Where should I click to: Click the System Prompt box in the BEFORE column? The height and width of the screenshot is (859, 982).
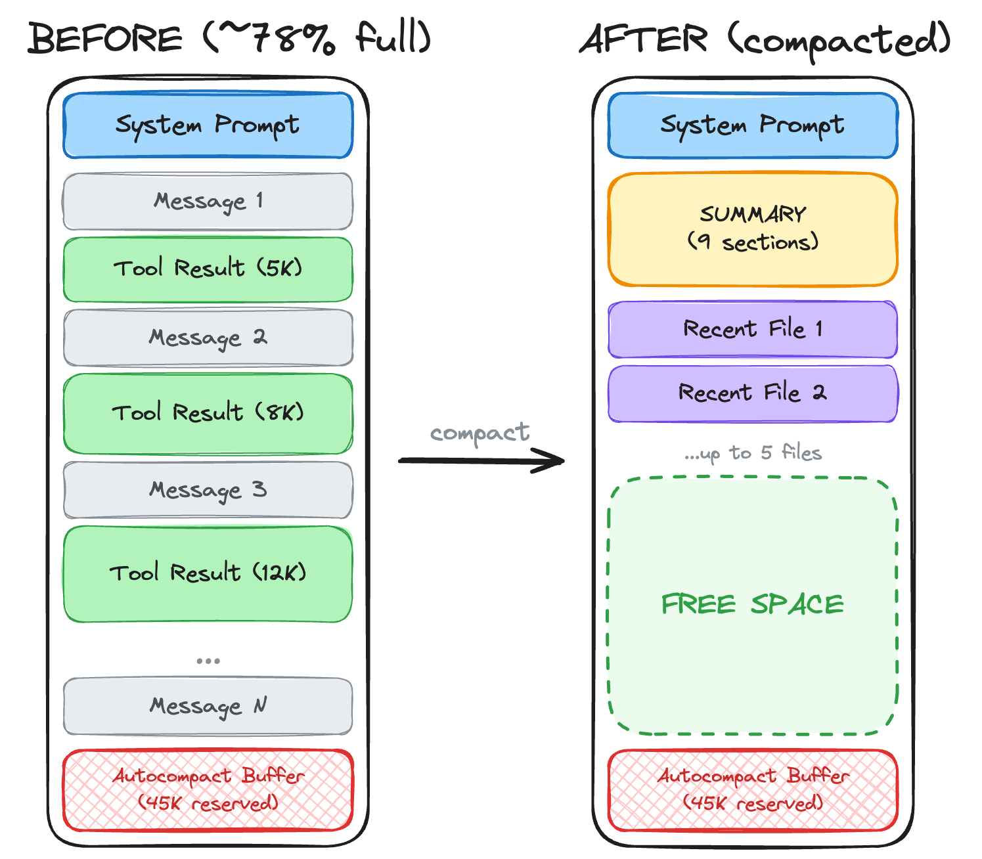208,125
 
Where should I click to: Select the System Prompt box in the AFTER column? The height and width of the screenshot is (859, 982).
753,125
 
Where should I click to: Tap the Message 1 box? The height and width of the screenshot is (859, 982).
208,201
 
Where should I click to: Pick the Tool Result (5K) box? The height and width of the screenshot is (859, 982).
208,269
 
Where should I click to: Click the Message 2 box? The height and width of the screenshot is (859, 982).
208,338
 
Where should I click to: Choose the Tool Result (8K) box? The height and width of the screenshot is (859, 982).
208,413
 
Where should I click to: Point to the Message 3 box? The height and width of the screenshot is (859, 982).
208,490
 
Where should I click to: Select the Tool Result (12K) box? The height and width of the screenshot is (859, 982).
208,573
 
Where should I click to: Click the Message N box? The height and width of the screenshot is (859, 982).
208,706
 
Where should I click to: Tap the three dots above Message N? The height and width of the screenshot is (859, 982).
208,661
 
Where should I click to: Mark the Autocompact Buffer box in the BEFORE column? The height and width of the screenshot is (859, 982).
208,790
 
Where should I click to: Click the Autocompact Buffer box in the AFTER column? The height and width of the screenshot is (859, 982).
753,790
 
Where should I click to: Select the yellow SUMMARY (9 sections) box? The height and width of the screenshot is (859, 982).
753,229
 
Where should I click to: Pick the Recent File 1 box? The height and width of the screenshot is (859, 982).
753,329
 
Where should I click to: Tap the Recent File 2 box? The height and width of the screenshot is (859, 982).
753,393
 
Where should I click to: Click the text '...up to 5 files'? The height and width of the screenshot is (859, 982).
753,453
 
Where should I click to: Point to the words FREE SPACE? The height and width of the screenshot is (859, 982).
753,604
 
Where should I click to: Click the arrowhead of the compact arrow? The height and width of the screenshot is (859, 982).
555,460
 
